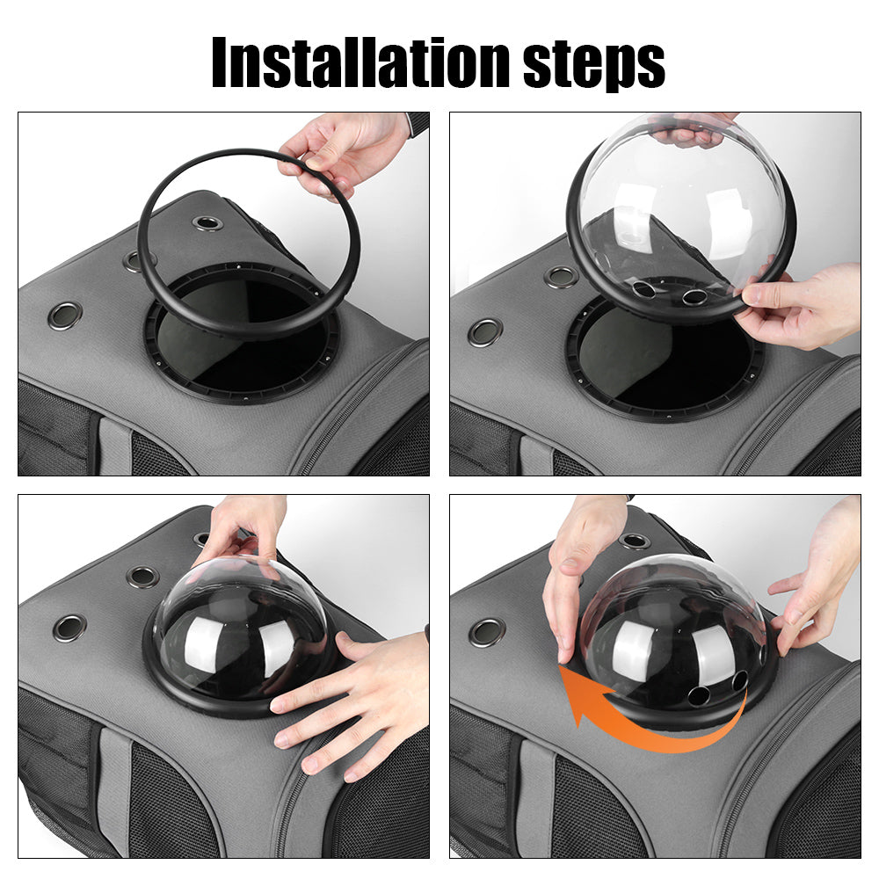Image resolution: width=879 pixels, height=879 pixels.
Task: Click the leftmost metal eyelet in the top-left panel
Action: point(65,315)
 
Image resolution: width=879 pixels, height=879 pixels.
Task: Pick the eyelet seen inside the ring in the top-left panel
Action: point(207,223)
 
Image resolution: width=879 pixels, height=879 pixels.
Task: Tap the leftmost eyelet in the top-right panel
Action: point(485,332)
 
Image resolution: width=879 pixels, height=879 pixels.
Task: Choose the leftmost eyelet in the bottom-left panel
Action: point(69,627)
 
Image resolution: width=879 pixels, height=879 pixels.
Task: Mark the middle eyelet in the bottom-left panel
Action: point(142,578)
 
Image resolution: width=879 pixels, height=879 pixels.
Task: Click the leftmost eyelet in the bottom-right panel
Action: point(486,632)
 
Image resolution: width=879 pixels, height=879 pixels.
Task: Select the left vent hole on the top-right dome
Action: point(643,289)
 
